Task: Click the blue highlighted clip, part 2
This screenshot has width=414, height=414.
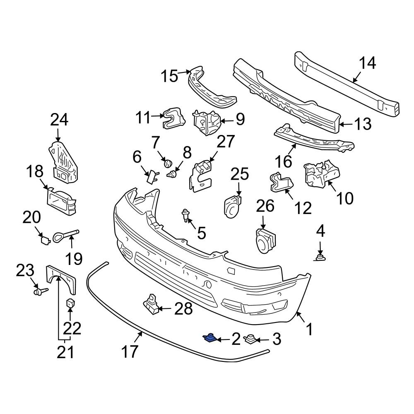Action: [x=210, y=338]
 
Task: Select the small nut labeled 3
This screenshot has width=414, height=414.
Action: [x=250, y=340]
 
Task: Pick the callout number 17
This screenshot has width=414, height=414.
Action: [x=129, y=352]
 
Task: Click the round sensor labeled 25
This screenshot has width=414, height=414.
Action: [x=232, y=205]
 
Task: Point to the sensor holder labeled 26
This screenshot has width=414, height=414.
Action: [x=264, y=241]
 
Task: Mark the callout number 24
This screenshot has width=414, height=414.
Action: [x=59, y=120]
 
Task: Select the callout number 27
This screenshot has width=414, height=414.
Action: [x=226, y=142]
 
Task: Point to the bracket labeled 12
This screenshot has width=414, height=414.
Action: [x=280, y=183]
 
